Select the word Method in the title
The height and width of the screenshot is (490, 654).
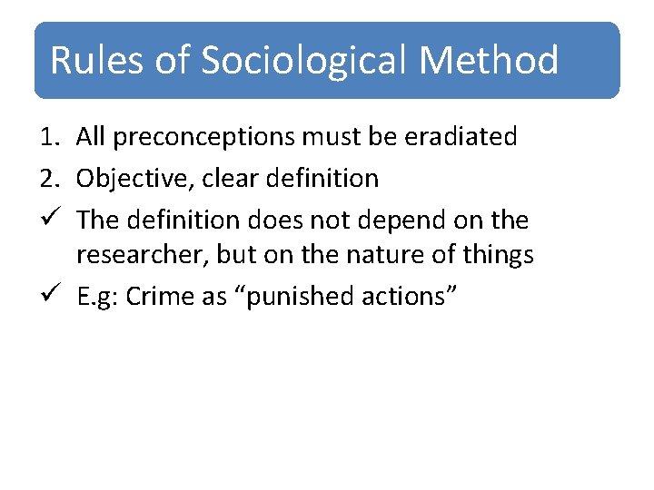coord(489,60)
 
